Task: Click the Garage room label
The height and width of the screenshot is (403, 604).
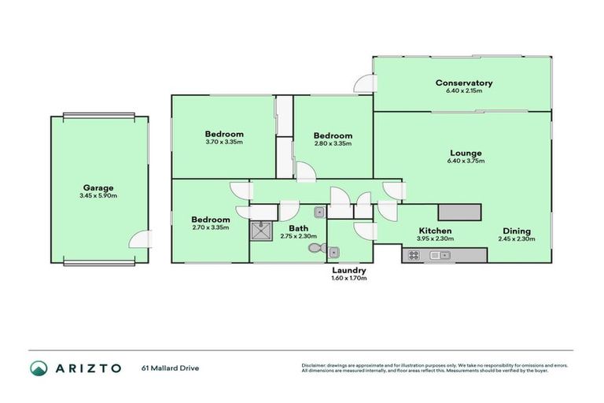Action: [99, 187]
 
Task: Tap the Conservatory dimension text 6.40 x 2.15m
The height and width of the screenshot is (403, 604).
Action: [464, 91]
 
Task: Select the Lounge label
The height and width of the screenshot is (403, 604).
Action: [466, 153]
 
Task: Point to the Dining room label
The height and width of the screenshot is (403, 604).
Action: [517, 230]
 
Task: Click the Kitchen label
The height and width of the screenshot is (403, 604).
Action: [435, 230]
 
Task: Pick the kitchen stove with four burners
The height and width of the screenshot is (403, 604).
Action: [414, 254]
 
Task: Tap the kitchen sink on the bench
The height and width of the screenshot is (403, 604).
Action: [444, 254]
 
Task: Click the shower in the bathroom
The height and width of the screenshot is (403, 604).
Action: [260, 230]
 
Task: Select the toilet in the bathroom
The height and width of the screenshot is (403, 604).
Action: [316, 248]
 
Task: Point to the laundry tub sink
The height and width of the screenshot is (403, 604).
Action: [333, 253]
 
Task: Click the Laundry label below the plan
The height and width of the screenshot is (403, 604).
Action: [348, 270]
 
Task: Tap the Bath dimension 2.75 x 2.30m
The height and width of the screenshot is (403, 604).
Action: [297, 236]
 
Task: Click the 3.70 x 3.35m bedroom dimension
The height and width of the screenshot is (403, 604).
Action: [224, 142]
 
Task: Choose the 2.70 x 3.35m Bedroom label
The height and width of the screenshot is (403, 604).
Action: [211, 220]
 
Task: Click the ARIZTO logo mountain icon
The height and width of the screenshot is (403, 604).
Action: [39, 368]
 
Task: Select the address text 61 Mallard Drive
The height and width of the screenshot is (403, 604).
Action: [169, 368]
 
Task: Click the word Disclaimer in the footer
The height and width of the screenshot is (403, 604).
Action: [315, 365]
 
